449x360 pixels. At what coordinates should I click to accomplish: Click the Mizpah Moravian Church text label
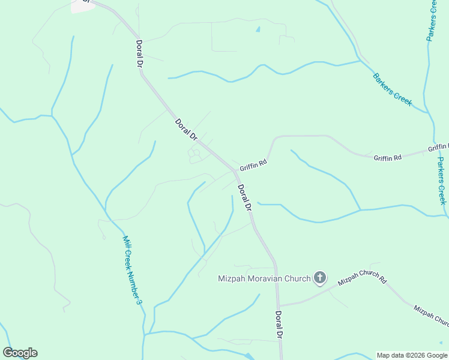pyautogui.click(x=264, y=278)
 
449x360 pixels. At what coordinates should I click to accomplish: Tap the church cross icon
pyautogui.click(x=320, y=277)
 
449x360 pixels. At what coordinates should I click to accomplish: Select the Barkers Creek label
pyautogui.click(x=392, y=89)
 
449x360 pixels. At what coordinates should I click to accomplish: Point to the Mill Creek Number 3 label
pyautogui.click(x=132, y=269)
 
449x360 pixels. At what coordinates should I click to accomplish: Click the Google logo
pyautogui.click(x=20, y=353)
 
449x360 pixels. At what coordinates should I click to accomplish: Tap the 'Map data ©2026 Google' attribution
pyautogui.click(x=411, y=355)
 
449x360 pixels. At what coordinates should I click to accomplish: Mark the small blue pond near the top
pyautogui.click(x=258, y=28)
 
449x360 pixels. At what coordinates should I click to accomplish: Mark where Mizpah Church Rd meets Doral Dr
pyautogui.click(x=278, y=305)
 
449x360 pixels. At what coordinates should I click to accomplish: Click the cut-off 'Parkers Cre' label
pyautogui.click(x=432, y=20)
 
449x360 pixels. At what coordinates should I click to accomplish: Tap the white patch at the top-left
pyautogui.click(x=82, y=5)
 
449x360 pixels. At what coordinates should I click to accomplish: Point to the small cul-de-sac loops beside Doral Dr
pyautogui.click(x=194, y=155)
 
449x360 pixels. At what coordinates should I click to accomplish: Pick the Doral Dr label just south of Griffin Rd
pyautogui.click(x=244, y=197)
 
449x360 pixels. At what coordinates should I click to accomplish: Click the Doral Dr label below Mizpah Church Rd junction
pyautogui.click(x=279, y=326)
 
